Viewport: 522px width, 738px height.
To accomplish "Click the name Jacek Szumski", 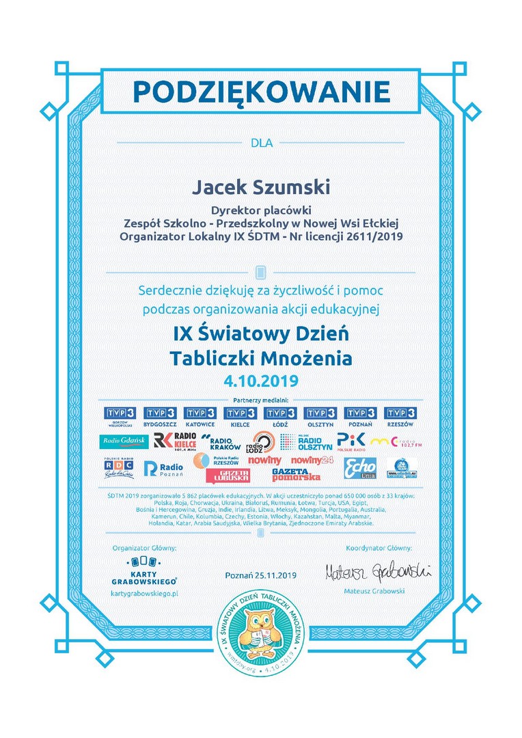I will [x=260, y=187].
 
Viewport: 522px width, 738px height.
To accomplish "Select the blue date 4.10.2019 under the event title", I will [x=261, y=380].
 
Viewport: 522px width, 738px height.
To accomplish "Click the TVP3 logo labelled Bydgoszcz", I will [x=159, y=415].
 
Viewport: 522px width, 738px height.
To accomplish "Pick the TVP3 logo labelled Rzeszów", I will [x=400, y=415].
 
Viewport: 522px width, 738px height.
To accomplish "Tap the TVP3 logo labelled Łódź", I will [x=280, y=415].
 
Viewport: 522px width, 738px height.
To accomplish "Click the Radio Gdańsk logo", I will [x=123, y=441].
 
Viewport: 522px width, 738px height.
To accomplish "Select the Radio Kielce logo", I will [x=175, y=441].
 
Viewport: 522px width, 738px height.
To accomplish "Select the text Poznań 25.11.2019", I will [x=261, y=575].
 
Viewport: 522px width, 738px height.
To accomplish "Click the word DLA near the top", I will [x=261, y=143].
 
